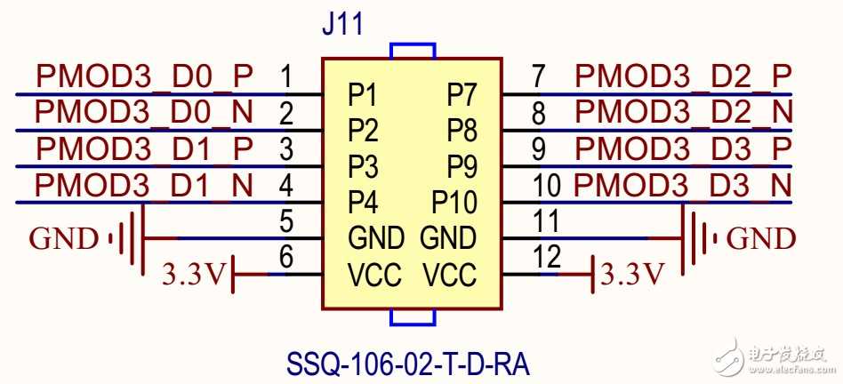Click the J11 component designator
point(342,24)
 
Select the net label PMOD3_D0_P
point(145,77)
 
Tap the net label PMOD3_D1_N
point(145,186)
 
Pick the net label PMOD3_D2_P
point(683,77)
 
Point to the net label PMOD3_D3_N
point(683,186)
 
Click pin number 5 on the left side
point(286,220)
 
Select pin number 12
point(548,256)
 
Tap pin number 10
point(549,186)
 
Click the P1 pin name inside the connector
point(363,93)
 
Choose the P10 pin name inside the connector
point(454,202)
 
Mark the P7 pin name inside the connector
point(462,93)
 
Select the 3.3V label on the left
point(194,275)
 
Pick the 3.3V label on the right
point(632,275)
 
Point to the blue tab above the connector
point(412,51)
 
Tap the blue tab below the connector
point(412,318)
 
